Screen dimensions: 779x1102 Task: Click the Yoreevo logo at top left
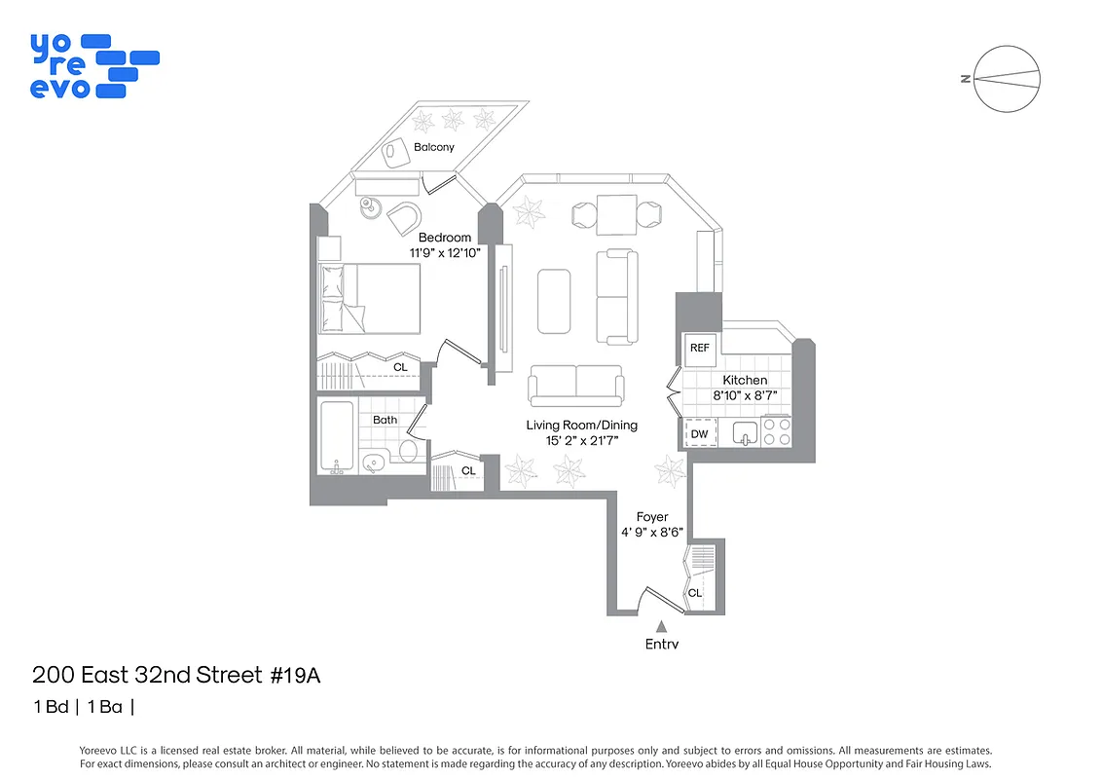93,65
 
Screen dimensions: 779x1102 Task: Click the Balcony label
433,147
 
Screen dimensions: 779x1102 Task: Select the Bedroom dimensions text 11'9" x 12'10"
444,253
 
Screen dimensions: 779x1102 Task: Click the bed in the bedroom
370,299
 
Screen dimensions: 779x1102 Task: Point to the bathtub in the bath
337,437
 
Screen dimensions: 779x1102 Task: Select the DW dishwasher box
700,433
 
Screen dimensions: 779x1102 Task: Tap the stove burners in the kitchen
776,431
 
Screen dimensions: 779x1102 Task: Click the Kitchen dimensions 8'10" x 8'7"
743,395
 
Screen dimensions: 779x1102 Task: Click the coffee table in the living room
554,301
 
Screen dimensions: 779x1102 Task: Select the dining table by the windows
616,214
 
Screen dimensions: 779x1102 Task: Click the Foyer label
651,517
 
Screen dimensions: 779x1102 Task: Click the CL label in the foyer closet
695,592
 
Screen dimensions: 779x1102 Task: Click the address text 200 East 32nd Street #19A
176,675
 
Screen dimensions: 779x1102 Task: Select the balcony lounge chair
393,151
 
